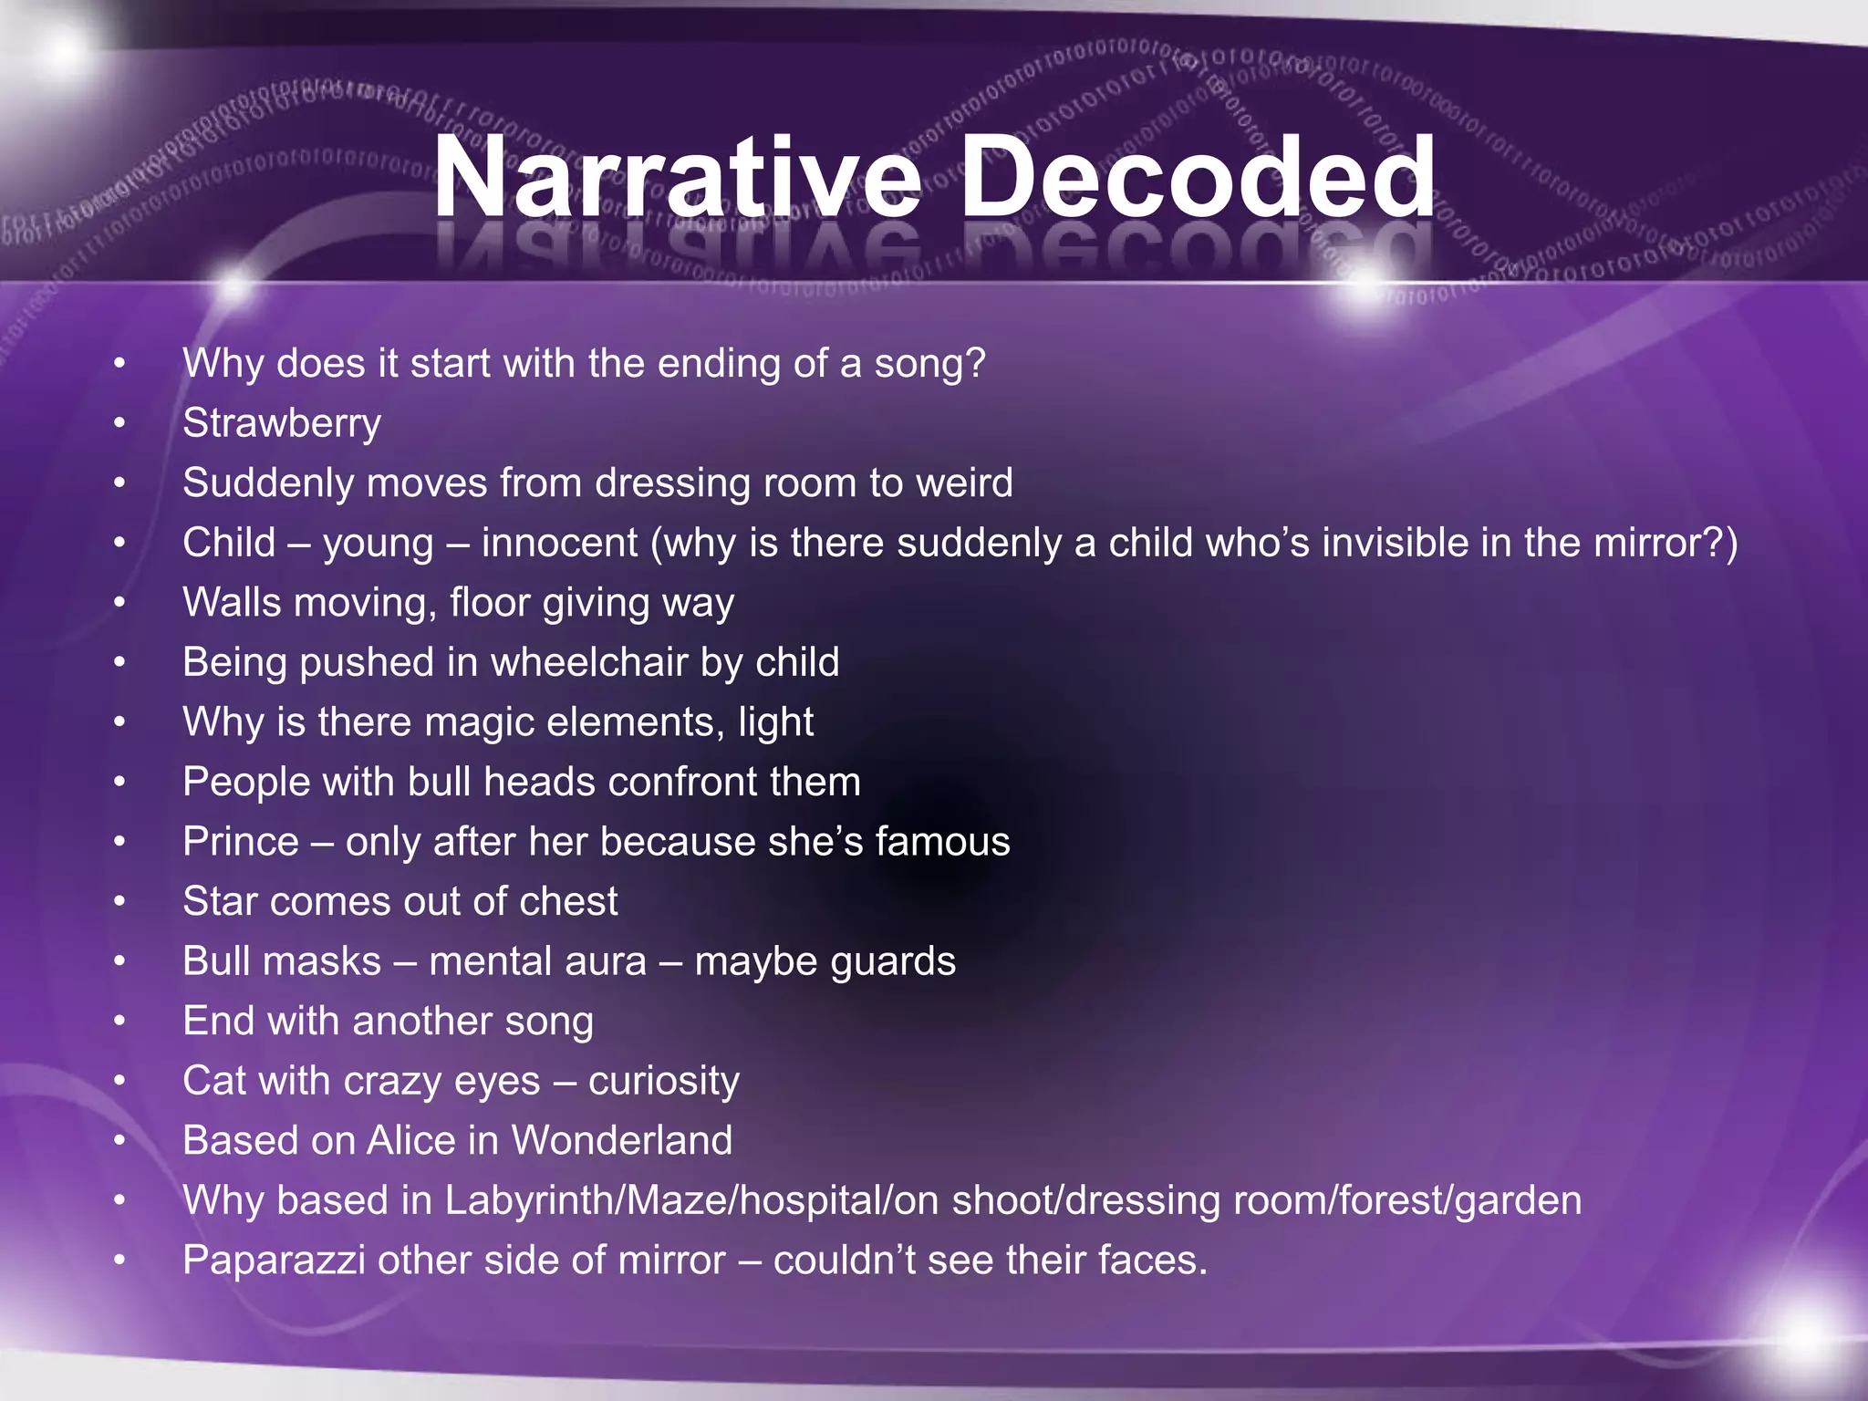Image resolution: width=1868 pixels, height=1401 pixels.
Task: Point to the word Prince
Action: [x=241, y=842]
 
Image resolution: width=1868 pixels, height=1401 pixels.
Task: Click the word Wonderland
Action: [x=622, y=1141]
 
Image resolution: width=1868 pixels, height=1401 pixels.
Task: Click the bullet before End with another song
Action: [x=119, y=1022]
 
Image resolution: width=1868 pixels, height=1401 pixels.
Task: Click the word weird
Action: [x=964, y=483]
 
